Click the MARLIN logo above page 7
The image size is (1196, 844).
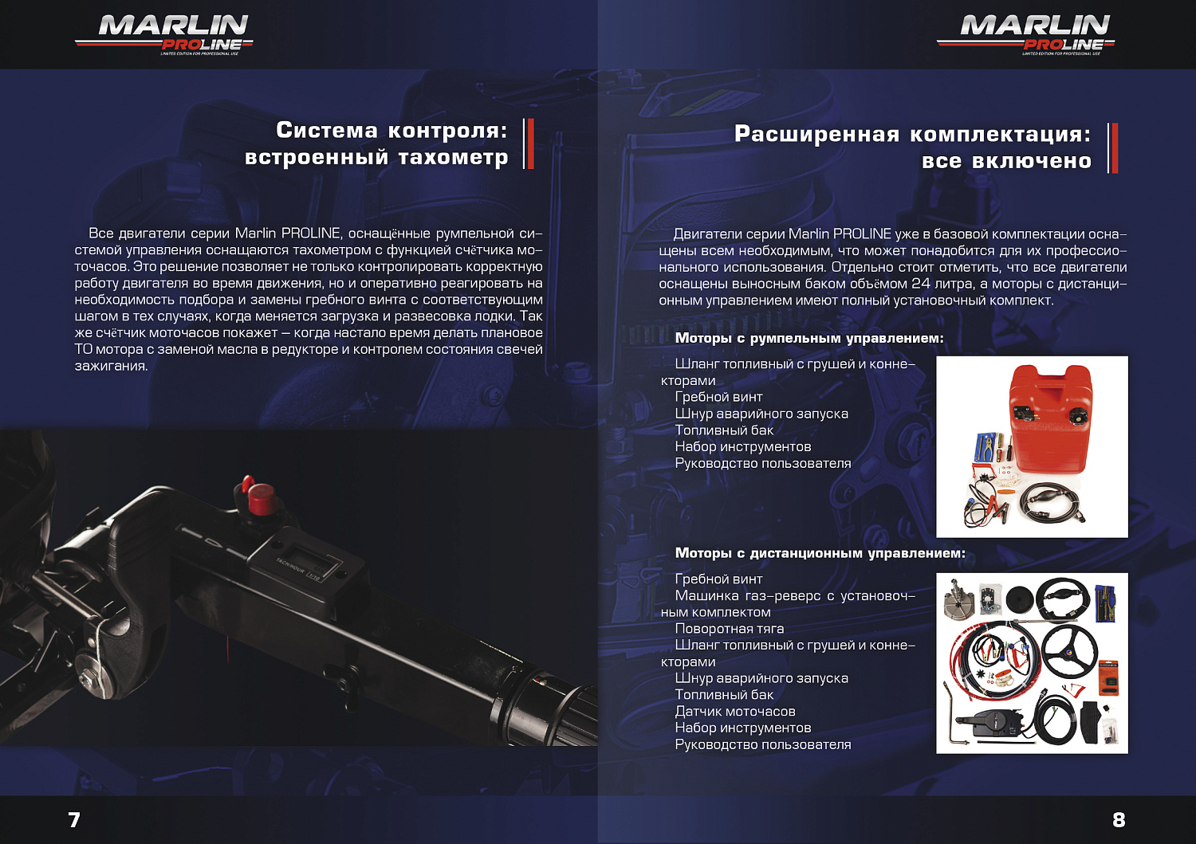click(165, 34)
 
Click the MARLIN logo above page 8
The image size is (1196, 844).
click(1027, 34)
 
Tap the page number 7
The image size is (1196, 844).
click(74, 819)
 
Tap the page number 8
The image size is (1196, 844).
click(1119, 819)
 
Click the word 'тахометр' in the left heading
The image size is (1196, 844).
click(453, 157)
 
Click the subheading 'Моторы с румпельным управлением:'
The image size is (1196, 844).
click(808, 338)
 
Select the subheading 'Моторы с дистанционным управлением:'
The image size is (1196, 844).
click(820, 553)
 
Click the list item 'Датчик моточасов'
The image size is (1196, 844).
click(734, 711)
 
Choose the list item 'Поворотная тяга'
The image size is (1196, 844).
click(729, 628)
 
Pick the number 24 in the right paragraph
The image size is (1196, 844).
click(920, 284)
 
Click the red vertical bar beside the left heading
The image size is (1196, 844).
click(530, 143)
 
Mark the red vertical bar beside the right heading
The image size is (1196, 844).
click(1115, 147)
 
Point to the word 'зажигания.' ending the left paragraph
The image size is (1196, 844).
click(111, 366)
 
